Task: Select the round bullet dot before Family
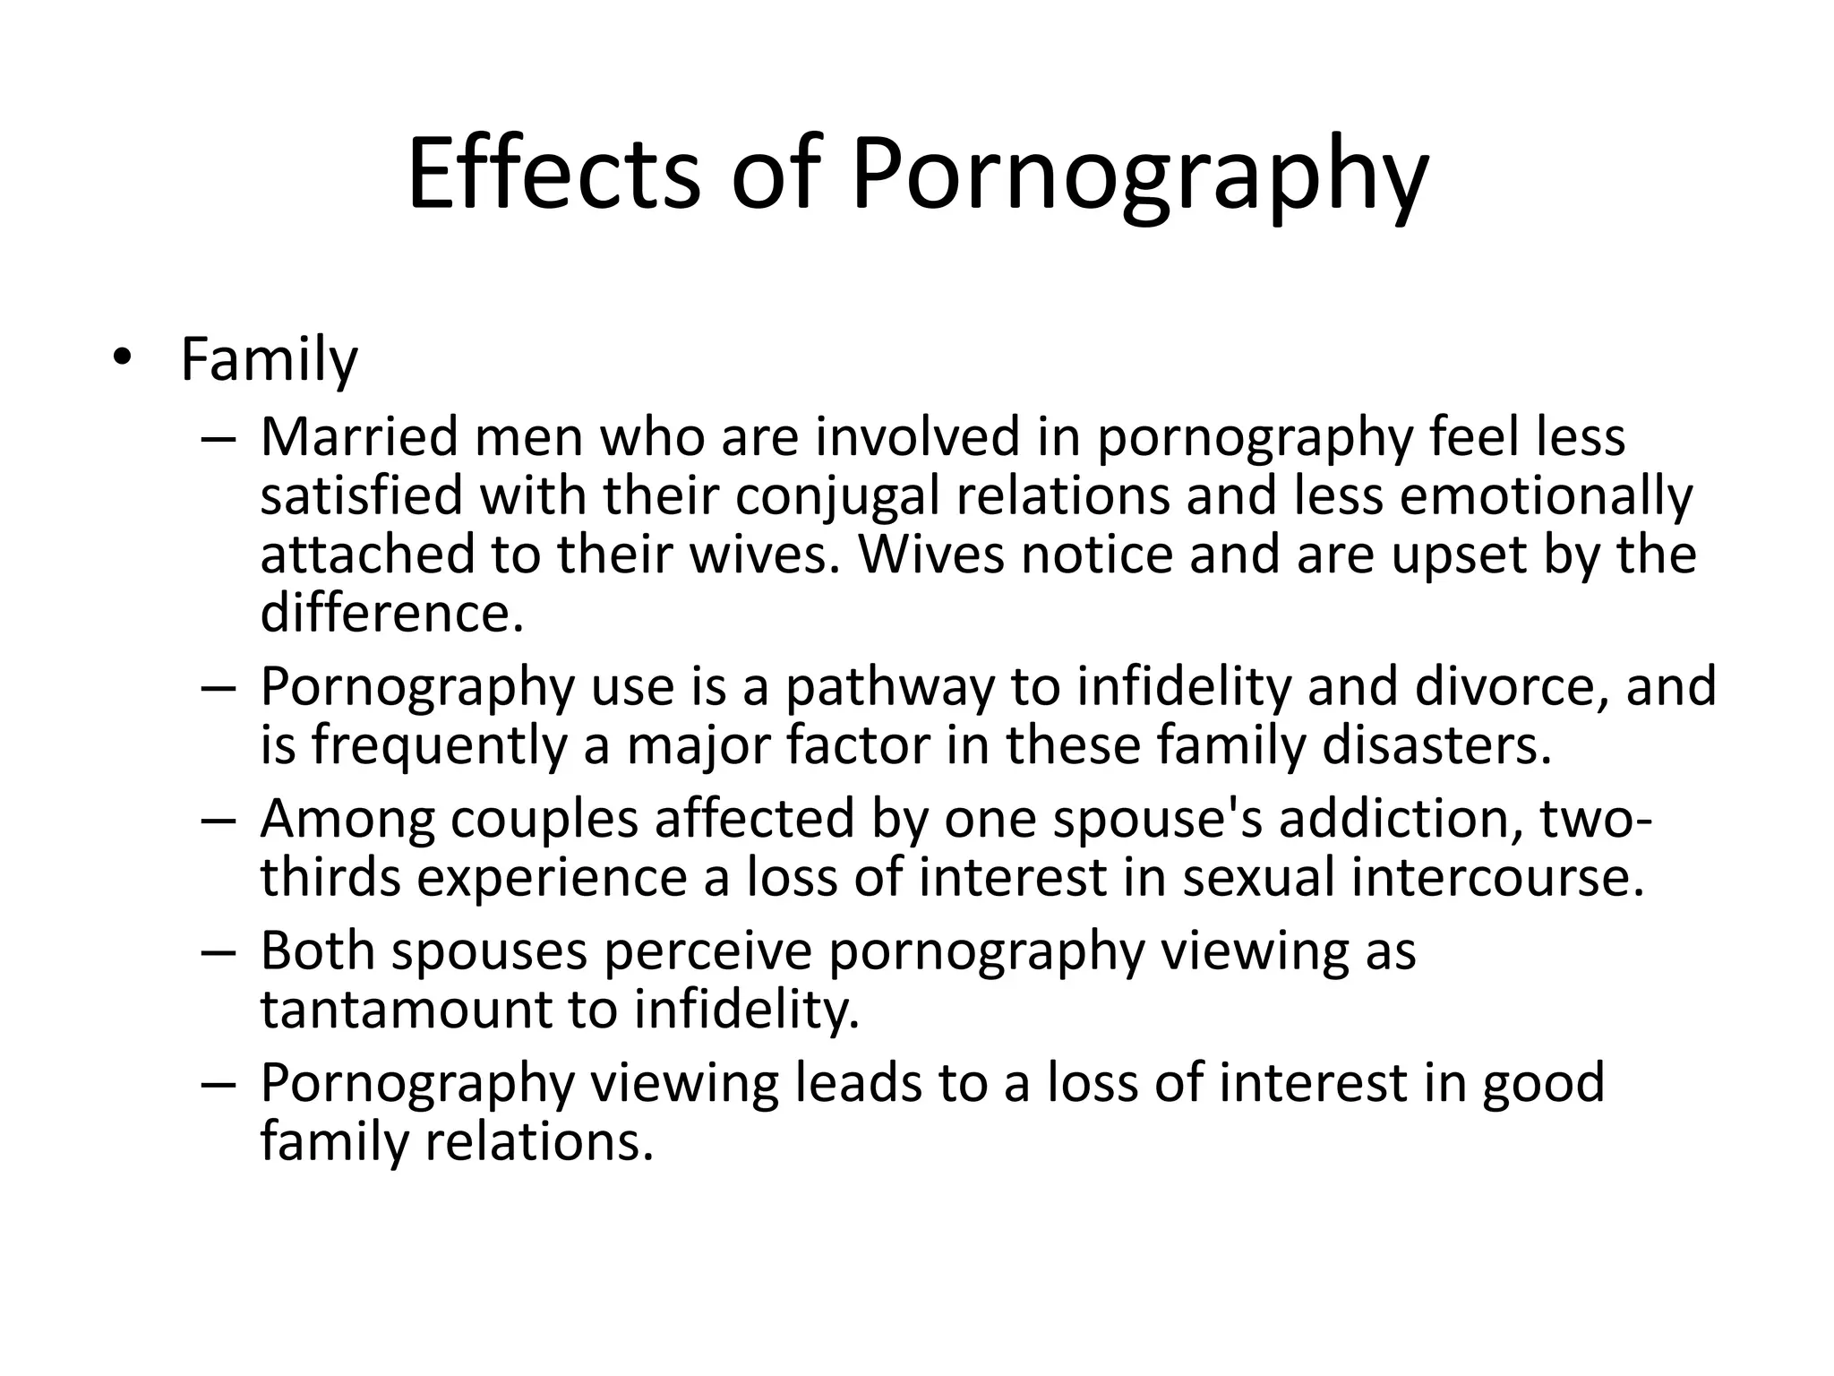(121, 358)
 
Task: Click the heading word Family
(269, 360)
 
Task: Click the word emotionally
(1546, 495)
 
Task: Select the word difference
(390, 614)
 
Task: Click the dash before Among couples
(218, 819)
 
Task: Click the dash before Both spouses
(218, 951)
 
